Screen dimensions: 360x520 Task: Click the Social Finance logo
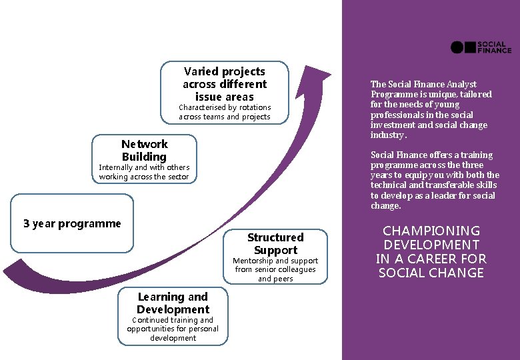[x=481, y=47]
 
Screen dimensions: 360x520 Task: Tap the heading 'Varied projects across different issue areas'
[x=225, y=84]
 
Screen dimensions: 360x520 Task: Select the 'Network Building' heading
[x=145, y=151]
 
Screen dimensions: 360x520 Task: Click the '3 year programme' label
[x=72, y=224]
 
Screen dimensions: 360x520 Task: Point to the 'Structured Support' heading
[x=275, y=244]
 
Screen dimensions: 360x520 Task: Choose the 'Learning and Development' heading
[x=173, y=303]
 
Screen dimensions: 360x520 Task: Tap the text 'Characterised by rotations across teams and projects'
[x=225, y=112]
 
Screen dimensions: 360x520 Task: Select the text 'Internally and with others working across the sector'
[x=144, y=172]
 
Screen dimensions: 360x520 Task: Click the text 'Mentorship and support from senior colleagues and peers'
[x=275, y=270]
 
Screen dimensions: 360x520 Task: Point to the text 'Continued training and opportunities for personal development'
[x=173, y=329]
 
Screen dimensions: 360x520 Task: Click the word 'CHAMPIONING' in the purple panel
[x=431, y=231]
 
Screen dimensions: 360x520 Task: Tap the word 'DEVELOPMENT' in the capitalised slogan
[x=431, y=245]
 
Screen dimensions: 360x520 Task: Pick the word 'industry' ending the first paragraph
[x=387, y=135]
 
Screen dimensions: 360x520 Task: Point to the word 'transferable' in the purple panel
[x=451, y=185]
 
